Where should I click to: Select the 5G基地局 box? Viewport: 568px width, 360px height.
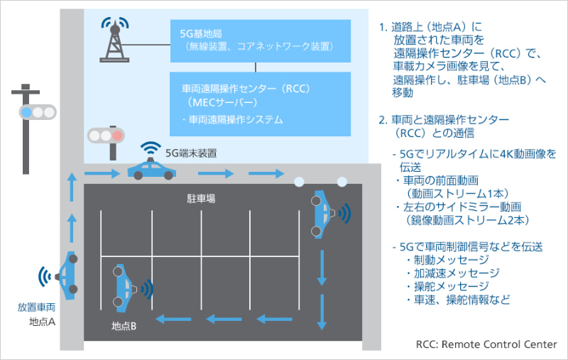pos(261,40)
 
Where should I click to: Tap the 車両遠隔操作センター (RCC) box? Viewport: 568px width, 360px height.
pos(261,103)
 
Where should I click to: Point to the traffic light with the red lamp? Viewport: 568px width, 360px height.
pos(106,134)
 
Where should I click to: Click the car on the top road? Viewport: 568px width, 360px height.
pos(152,171)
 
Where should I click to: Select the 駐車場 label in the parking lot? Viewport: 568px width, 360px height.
pos(201,200)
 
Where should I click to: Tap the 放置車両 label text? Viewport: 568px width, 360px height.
pos(37,308)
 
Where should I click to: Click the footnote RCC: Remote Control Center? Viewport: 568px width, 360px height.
pos(486,344)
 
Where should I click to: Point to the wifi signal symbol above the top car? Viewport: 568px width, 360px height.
pos(151,148)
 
